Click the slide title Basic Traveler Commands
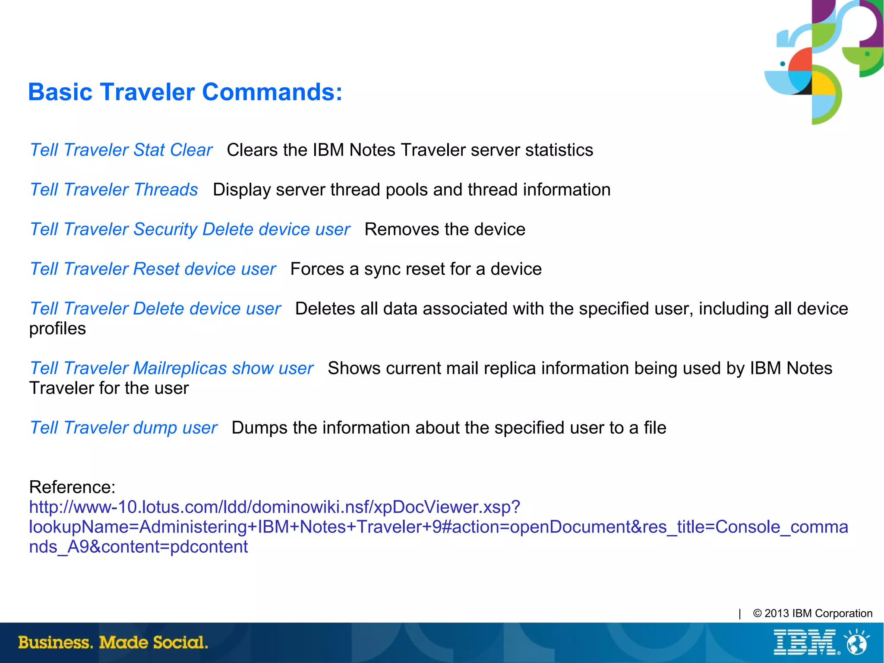pyautogui.click(x=185, y=92)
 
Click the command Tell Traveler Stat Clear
pyautogui.click(x=121, y=150)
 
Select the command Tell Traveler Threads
pyautogui.click(x=114, y=190)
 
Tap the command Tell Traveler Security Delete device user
pyautogui.click(x=190, y=229)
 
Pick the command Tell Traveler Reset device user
pyautogui.click(x=153, y=269)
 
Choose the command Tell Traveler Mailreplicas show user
pyautogui.click(x=171, y=368)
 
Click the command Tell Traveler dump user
pyautogui.click(x=123, y=428)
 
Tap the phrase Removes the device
pyautogui.click(x=445, y=229)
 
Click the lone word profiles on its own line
pyautogui.click(x=57, y=329)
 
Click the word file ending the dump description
pyautogui.click(x=655, y=428)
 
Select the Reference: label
pyautogui.click(x=72, y=487)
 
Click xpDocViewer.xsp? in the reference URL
pyautogui.click(x=447, y=507)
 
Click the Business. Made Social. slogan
pyautogui.click(x=113, y=642)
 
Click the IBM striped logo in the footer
pyautogui.click(x=805, y=642)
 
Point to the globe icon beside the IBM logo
pyautogui.click(x=857, y=643)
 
